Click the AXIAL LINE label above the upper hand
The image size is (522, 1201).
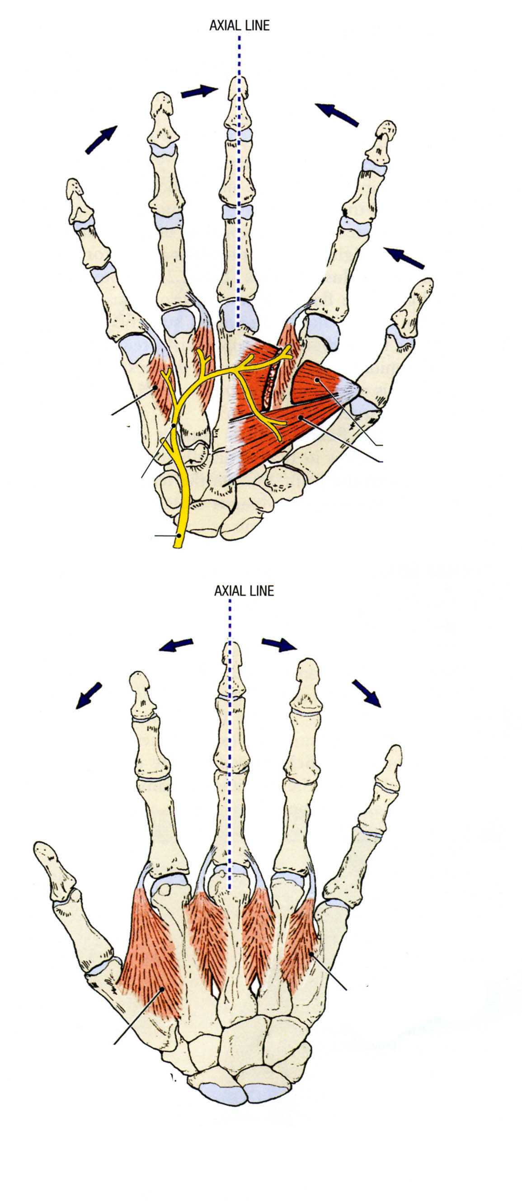[239, 26]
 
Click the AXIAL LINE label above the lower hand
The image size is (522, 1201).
[244, 591]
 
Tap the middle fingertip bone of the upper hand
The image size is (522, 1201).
[239, 89]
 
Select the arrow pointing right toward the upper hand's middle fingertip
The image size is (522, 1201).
[199, 91]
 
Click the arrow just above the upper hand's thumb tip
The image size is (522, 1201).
[404, 258]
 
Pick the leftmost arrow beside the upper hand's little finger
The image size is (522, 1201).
[101, 139]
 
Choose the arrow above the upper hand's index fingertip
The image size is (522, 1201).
[337, 115]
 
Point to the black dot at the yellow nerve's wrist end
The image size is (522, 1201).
[179, 536]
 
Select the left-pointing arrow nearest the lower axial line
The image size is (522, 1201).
[176, 645]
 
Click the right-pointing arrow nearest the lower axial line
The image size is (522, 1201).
[279, 644]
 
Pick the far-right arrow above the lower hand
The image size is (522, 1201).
[367, 693]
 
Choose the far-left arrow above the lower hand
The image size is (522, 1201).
[89, 696]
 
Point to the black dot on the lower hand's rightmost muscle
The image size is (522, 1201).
[310, 953]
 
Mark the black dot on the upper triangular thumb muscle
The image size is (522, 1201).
[317, 380]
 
